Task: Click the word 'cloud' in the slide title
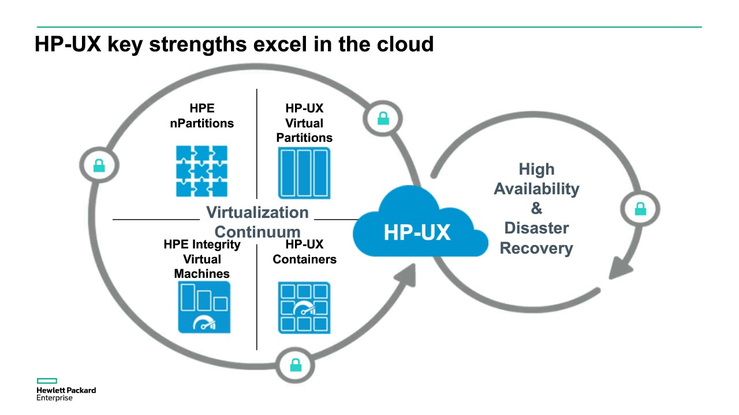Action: [x=405, y=44]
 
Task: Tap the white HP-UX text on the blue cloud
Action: [x=417, y=232]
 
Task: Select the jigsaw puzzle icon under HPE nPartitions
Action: [x=201, y=171]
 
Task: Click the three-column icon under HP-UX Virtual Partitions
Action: [x=304, y=173]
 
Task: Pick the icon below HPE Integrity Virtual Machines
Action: [x=204, y=307]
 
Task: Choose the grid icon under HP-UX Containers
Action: [x=304, y=308]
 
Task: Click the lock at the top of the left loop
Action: [x=383, y=119]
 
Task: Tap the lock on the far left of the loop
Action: [x=99, y=165]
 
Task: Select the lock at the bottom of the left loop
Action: [x=296, y=365]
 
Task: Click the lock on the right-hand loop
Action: [x=641, y=209]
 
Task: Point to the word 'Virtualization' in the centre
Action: [x=257, y=213]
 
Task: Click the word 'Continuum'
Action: [x=257, y=232]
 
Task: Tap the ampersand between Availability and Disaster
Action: [x=536, y=208]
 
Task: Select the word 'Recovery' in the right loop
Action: [x=536, y=248]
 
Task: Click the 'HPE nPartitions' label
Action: [x=202, y=116]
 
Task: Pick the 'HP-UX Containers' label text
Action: [x=304, y=252]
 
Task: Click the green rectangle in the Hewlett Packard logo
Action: [x=47, y=381]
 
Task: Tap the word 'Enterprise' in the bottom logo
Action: [x=54, y=398]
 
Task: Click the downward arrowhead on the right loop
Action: [x=620, y=268]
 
